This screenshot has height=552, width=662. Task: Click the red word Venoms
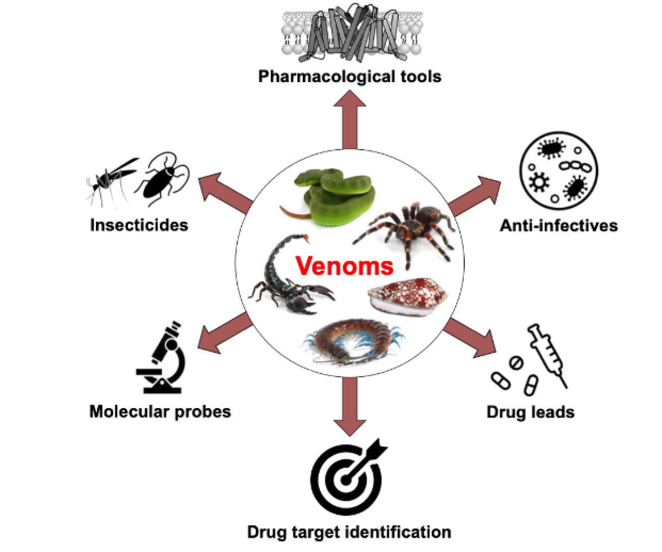coord(344,266)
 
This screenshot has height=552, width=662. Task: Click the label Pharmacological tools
coord(350,76)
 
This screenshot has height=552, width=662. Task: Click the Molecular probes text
coord(160,411)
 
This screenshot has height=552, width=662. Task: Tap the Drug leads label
coord(530,411)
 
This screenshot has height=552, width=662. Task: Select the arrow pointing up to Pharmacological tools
coord(350,119)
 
